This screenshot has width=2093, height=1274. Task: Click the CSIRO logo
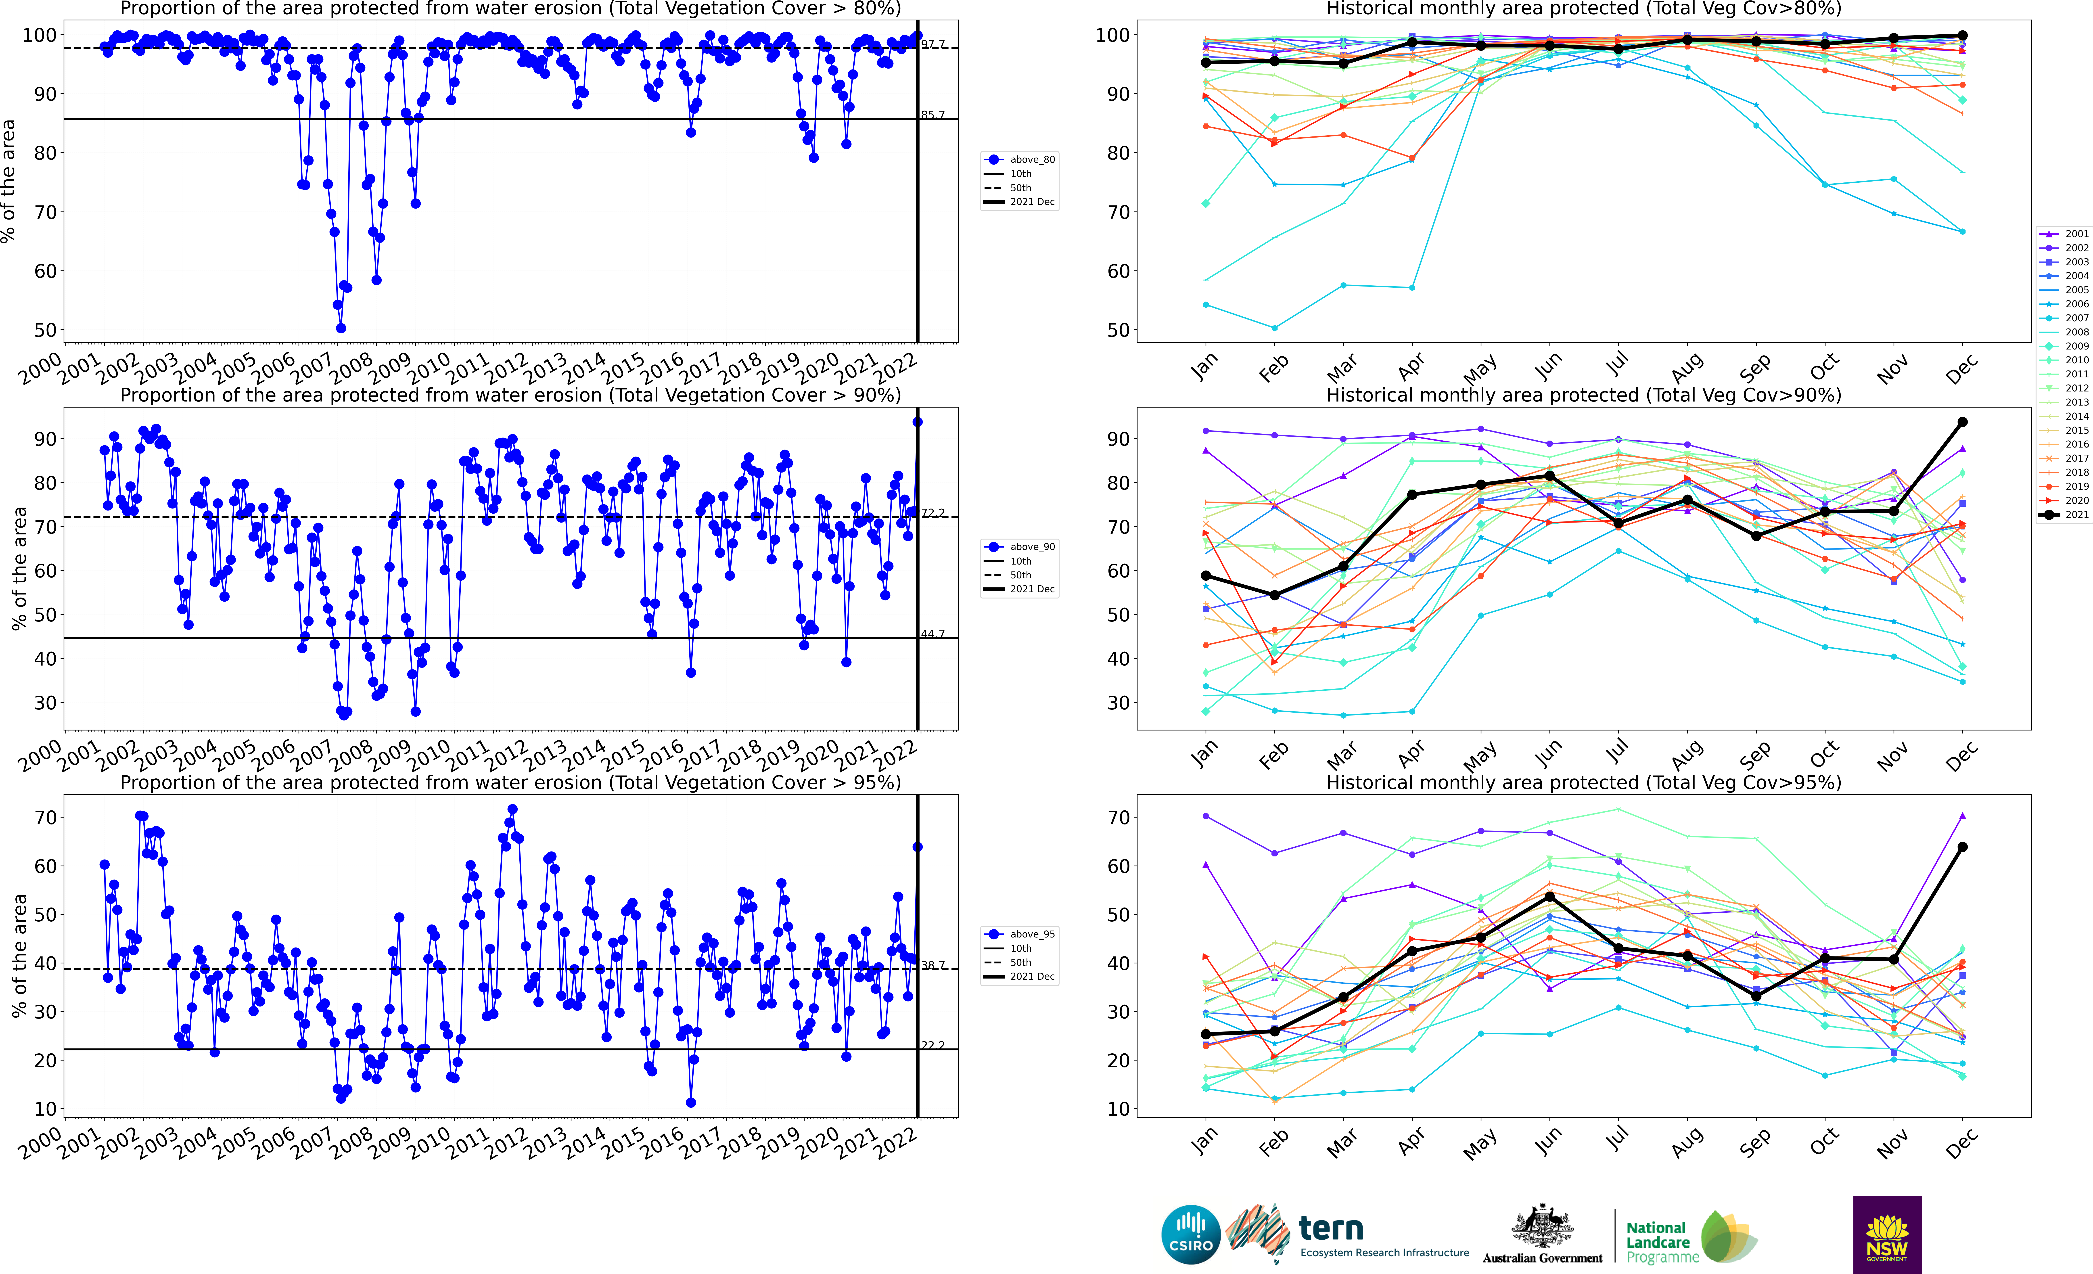click(x=1191, y=1234)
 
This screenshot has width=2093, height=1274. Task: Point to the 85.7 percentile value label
click(x=933, y=115)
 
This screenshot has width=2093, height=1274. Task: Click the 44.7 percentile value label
click(x=933, y=634)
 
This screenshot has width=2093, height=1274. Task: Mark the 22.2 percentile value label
click(x=933, y=1045)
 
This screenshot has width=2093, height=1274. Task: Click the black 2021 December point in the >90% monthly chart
click(x=1962, y=422)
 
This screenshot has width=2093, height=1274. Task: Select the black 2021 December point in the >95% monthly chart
click(x=1962, y=847)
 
